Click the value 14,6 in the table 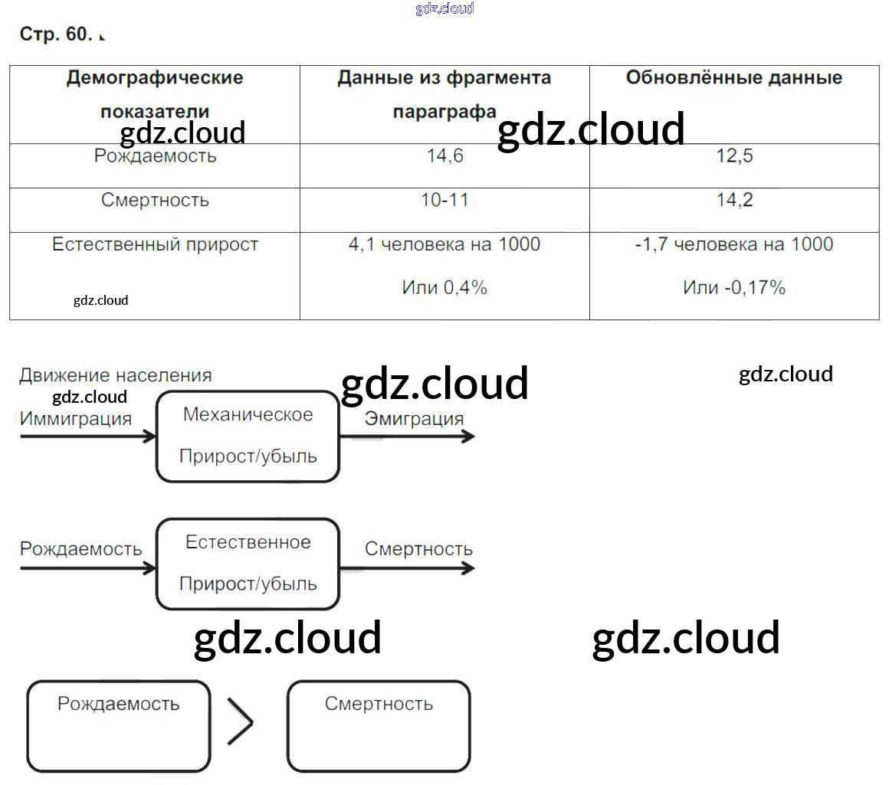(x=444, y=156)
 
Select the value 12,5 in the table (x=734, y=156)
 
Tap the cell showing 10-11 (x=444, y=201)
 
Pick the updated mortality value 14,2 (x=734, y=201)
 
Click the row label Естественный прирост (x=155, y=245)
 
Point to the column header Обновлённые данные (x=733, y=78)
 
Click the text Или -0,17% (x=734, y=289)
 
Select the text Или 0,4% (x=444, y=289)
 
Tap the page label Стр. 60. (x=55, y=34)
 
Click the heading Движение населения (x=116, y=376)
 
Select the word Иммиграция (x=76, y=419)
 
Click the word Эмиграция (x=414, y=419)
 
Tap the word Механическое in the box (x=248, y=415)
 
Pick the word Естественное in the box (x=248, y=543)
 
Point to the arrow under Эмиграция (x=406, y=437)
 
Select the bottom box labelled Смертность (x=379, y=726)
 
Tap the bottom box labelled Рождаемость (x=119, y=726)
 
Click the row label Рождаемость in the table (x=155, y=156)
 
